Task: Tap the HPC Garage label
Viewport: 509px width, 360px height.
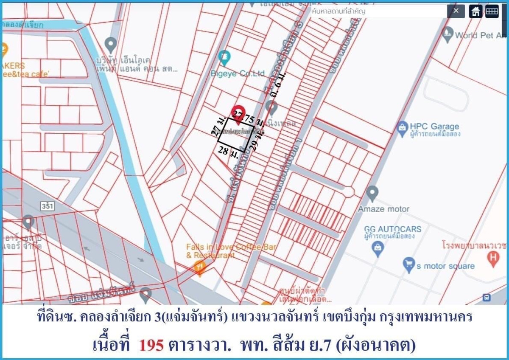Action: point(434,126)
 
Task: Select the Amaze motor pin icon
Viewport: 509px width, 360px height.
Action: point(372,194)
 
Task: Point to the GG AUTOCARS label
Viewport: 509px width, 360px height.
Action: point(393,229)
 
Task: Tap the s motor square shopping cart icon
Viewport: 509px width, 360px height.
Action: point(408,264)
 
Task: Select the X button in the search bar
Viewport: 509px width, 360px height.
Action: point(456,11)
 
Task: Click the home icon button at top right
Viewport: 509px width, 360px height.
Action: point(475,11)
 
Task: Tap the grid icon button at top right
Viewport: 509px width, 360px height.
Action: point(492,11)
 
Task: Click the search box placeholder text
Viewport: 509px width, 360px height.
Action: point(338,11)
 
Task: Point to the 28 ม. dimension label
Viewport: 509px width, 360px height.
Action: point(228,150)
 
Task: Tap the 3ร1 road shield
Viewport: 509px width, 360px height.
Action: point(47,205)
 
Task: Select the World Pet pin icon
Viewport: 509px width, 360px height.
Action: point(447,35)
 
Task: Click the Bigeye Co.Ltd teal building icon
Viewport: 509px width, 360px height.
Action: point(224,56)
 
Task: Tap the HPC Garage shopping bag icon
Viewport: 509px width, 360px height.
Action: point(402,127)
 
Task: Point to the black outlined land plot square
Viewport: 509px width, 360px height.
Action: point(236,135)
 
